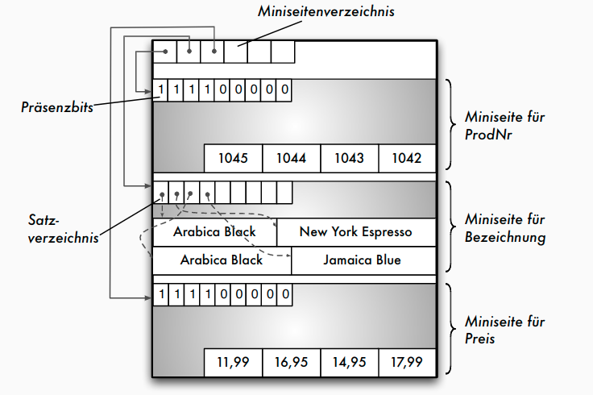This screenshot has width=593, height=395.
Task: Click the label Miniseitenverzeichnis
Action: pos(326,12)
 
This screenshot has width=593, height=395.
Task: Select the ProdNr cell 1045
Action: pos(234,158)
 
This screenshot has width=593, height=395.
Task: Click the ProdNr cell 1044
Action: pos(292,158)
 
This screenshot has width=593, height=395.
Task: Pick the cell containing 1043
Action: pos(349,158)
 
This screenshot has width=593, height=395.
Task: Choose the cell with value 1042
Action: pos(407,158)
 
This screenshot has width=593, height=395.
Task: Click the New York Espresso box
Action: pos(355,232)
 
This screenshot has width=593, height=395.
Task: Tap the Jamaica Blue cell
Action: pos(362,260)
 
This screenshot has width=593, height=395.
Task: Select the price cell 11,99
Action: pos(233,362)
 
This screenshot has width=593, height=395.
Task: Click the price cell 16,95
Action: pos(291,362)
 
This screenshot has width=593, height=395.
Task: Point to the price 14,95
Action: pos(349,362)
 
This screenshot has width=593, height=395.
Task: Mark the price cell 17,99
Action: pos(407,362)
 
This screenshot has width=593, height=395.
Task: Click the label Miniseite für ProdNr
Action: pos(494,125)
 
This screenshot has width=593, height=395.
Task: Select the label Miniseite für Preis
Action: pos(494,330)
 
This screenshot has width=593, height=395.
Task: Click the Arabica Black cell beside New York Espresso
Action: pos(214,232)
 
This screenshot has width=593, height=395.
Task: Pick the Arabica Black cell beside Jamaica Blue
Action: pos(222,260)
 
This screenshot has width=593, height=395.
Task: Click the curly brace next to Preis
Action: pos(450,329)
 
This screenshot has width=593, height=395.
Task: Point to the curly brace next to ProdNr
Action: pos(450,125)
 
